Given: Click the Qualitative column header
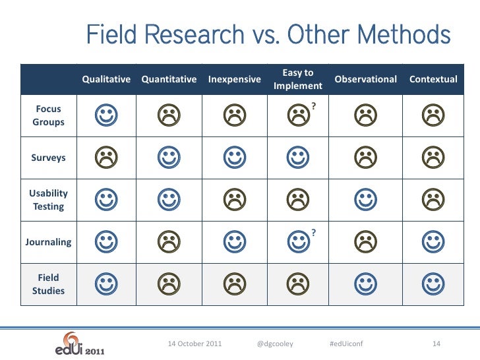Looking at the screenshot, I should coord(106,80).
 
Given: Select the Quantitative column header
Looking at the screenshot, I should coord(169,80).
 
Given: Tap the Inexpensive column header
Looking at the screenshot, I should coord(234,80).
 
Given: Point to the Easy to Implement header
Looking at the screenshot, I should coord(297,79).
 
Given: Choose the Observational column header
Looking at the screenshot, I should coord(366,80).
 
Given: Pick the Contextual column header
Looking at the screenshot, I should coord(433,80).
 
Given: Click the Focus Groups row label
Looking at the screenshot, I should coord(49,115).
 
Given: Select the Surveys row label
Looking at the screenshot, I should coord(49,158).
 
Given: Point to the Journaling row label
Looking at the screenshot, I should coord(48,242).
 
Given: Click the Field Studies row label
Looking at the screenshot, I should coord(49,284).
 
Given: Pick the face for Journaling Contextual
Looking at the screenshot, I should coord(433,241).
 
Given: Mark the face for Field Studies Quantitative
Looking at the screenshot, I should coord(169,284).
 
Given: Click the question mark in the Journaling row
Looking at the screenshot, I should coord(315,232).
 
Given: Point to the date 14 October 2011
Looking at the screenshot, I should coord(195,344).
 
